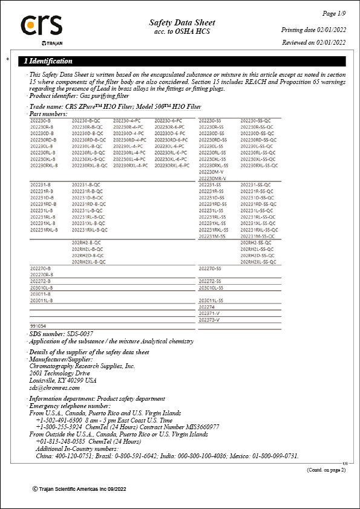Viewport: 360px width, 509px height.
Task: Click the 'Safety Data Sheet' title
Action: tap(182, 22)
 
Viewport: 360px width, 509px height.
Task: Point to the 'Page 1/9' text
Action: tap(333, 13)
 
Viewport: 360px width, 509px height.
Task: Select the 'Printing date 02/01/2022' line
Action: tap(313, 30)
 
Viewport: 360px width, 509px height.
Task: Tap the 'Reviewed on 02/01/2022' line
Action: tap(313, 42)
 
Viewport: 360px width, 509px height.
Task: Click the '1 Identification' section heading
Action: tap(48, 61)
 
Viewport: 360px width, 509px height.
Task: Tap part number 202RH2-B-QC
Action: tap(87, 242)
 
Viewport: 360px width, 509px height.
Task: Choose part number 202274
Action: tap(207, 306)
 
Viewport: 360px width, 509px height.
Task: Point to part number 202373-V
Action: tap(209, 319)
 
